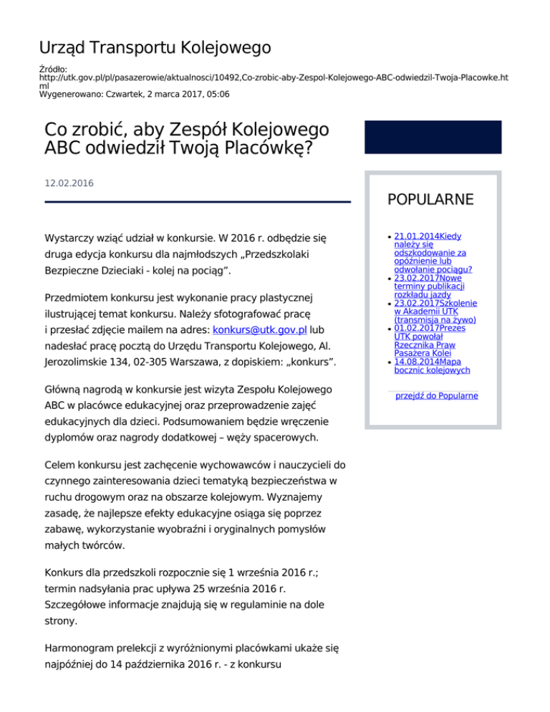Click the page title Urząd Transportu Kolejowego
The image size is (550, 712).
pyautogui.click(x=155, y=48)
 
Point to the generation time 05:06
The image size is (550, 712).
pyautogui.click(x=218, y=93)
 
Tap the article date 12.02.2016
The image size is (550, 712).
pyautogui.click(x=69, y=183)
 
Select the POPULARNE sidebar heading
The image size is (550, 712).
pyautogui.click(x=430, y=199)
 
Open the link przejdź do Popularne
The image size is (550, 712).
pyautogui.click(x=437, y=395)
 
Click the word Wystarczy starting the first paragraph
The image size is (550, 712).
pyautogui.click(x=73, y=236)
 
